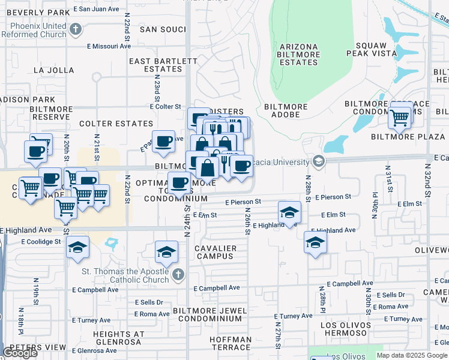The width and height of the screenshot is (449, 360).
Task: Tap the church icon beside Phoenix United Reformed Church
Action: click(x=76, y=28)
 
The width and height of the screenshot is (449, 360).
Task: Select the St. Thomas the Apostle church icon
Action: click(x=177, y=275)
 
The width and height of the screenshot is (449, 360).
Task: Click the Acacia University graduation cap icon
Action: click(x=318, y=161)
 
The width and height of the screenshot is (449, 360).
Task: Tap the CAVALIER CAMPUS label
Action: click(x=215, y=252)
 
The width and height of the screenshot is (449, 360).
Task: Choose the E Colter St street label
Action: click(x=166, y=107)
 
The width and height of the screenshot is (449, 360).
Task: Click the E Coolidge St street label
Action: click(x=41, y=242)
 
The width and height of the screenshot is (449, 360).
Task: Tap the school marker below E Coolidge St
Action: click(x=77, y=248)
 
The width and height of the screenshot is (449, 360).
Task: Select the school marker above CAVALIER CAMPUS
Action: click(x=166, y=252)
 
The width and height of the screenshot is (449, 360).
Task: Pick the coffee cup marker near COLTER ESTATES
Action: click(x=163, y=142)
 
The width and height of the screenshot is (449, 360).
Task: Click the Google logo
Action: click(x=20, y=353)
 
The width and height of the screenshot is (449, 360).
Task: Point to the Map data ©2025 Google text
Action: click(x=412, y=355)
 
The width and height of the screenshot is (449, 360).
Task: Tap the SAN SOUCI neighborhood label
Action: click(x=163, y=29)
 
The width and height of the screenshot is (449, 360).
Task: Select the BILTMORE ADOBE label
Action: click(x=286, y=110)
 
